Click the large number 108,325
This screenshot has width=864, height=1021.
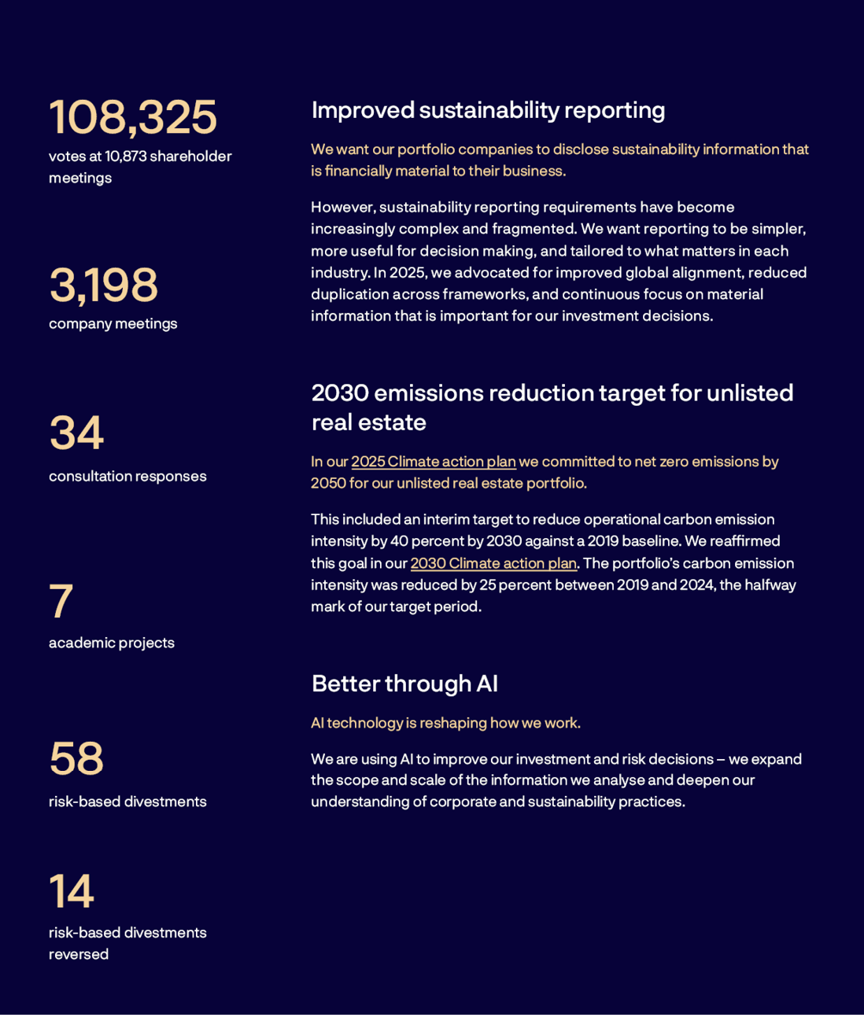(132, 117)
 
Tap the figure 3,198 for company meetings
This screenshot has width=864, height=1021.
(103, 285)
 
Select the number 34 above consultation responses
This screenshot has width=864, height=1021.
(76, 433)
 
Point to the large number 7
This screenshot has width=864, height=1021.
(61, 602)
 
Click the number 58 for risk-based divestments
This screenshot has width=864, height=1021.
(76, 758)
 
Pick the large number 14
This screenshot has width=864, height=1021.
(72, 891)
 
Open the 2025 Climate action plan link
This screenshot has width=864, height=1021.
(433, 462)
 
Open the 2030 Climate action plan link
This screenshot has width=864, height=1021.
(493, 563)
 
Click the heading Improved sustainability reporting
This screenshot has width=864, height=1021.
(488, 110)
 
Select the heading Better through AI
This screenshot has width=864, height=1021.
(404, 684)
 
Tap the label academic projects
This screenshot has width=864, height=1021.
(112, 643)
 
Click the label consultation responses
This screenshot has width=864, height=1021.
(127, 476)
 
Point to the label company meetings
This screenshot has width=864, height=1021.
(113, 323)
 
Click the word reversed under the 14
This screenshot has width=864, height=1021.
(79, 954)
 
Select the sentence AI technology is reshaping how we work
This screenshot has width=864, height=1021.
(445, 723)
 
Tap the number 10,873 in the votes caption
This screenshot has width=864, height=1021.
(125, 157)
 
